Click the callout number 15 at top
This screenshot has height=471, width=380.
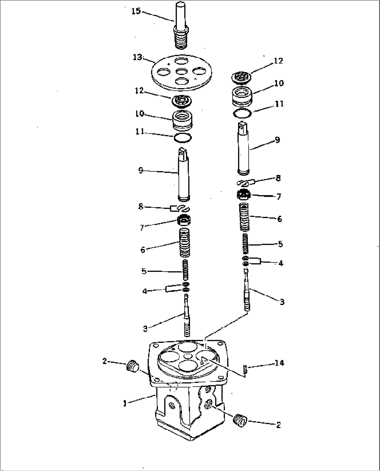(136, 12)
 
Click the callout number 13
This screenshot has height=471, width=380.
(137, 57)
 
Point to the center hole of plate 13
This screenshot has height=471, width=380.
(181, 71)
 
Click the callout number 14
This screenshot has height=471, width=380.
(279, 363)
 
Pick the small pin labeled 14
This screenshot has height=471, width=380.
(245, 369)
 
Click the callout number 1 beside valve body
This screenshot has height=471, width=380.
(124, 403)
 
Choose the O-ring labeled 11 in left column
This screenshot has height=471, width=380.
(182, 138)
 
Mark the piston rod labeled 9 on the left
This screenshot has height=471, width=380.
(183, 174)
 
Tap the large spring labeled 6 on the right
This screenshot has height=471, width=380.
(245, 217)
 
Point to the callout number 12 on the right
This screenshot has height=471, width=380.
(279, 61)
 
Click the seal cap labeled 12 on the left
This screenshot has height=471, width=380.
(181, 101)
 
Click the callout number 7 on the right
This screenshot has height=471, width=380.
(279, 197)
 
